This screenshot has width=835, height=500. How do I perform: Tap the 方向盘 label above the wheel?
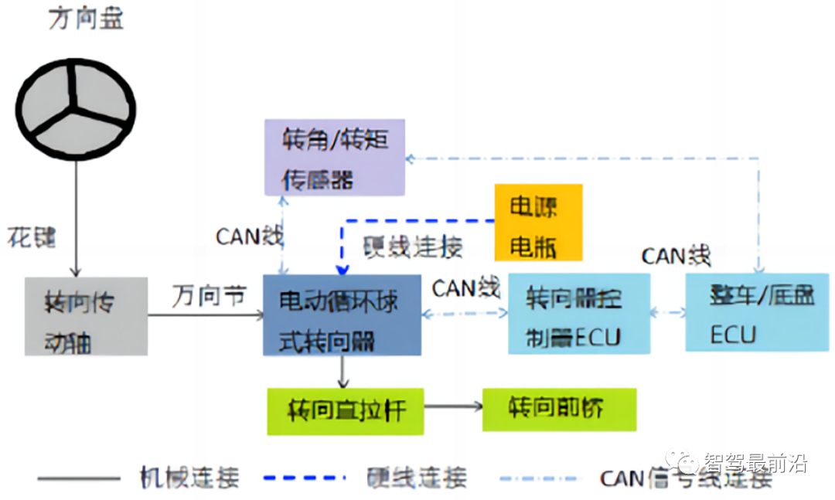[x=86, y=19]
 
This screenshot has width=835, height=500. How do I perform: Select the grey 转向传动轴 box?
[x=85, y=315]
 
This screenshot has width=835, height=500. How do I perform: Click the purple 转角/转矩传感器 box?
[x=334, y=158]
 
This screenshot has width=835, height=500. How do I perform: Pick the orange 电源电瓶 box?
[x=537, y=222]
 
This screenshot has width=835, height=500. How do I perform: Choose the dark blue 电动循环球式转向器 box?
[x=342, y=315]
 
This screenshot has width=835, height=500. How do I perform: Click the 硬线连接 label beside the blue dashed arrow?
[x=413, y=247]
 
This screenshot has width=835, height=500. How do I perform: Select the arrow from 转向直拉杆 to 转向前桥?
[x=453, y=406]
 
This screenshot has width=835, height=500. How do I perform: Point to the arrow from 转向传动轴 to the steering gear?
[x=205, y=315]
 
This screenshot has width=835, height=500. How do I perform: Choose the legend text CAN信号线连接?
[x=686, y=479]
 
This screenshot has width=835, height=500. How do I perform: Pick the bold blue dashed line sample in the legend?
[x=303, y=478]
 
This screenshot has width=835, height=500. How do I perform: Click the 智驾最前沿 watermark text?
[x=753, y=463]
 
